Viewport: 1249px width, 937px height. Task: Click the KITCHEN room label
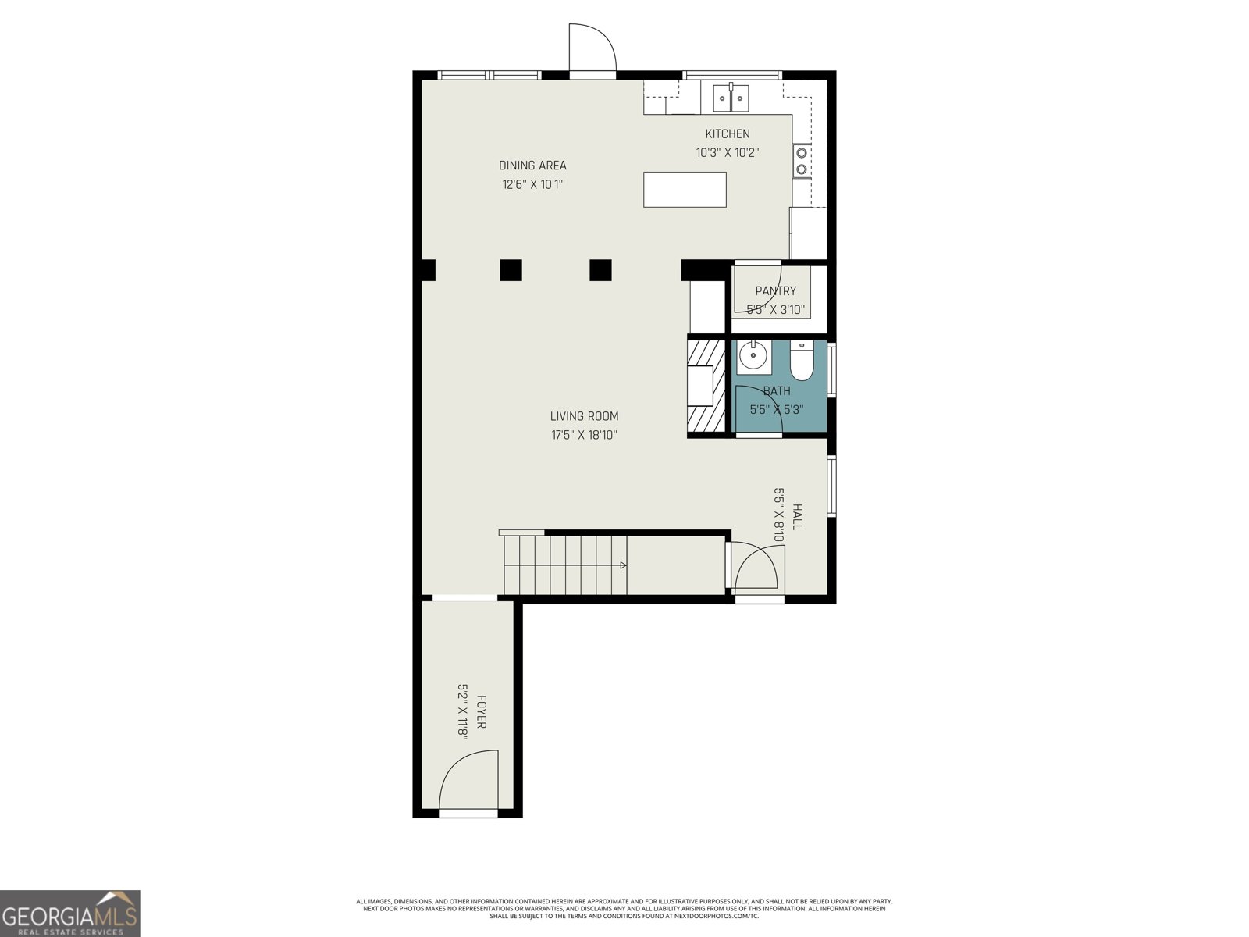point(727,134)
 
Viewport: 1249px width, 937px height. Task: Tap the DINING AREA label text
point(532,166)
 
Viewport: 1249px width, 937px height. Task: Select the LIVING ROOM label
point(584,417)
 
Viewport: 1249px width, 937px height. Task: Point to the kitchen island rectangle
point(685,190)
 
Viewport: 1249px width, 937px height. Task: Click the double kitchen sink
point(731,98)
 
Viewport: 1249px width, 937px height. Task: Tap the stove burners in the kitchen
point(801,161)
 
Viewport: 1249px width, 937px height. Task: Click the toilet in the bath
point(802,361)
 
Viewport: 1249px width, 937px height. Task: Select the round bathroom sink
point(753,358)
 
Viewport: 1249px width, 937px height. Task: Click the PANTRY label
point(775,291)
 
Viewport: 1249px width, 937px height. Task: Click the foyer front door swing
point(468,781)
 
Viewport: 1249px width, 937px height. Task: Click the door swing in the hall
point(756,568)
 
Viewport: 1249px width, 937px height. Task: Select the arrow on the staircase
point(622,565)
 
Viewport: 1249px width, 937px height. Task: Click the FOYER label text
point(482,712)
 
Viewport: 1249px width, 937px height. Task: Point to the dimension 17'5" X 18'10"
point(584,436)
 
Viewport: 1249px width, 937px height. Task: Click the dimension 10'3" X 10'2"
point(727,153)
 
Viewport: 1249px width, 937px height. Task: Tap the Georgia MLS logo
point(70,914)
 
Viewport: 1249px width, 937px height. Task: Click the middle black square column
point(511,269)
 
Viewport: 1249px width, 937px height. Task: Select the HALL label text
point(797,517)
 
